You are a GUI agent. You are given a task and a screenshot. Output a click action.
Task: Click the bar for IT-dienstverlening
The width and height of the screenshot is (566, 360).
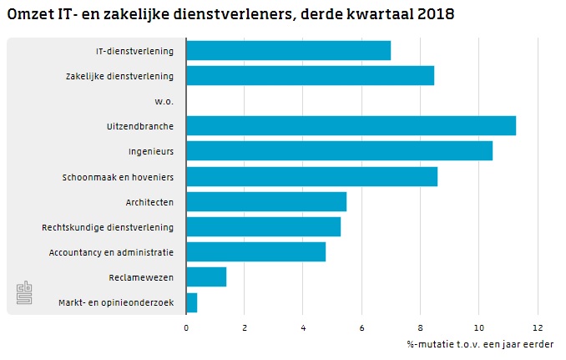288,50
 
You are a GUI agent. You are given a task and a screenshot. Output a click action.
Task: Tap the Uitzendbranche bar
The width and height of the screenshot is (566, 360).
351,126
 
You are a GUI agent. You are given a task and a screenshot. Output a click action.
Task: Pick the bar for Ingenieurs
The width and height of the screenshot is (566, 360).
339,151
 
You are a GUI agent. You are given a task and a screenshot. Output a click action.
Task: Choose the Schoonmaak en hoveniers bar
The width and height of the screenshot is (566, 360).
311,176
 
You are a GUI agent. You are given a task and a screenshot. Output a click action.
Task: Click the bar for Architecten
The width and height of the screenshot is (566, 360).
266,201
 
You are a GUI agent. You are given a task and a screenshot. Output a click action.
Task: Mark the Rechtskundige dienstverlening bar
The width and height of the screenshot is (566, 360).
263,226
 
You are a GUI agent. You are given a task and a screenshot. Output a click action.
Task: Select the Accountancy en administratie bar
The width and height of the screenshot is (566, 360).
255,251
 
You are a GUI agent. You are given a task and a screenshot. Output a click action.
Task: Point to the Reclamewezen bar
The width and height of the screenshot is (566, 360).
206,276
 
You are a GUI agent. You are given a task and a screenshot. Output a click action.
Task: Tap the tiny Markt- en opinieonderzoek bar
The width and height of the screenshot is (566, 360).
192,302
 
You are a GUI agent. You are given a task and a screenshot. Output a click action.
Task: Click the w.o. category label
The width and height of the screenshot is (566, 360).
164,101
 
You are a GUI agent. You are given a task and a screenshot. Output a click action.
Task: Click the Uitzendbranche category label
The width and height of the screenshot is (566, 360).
140,126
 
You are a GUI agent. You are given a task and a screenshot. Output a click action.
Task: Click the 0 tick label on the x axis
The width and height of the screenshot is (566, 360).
186,327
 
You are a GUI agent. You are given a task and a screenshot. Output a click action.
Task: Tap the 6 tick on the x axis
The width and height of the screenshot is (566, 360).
361,327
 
